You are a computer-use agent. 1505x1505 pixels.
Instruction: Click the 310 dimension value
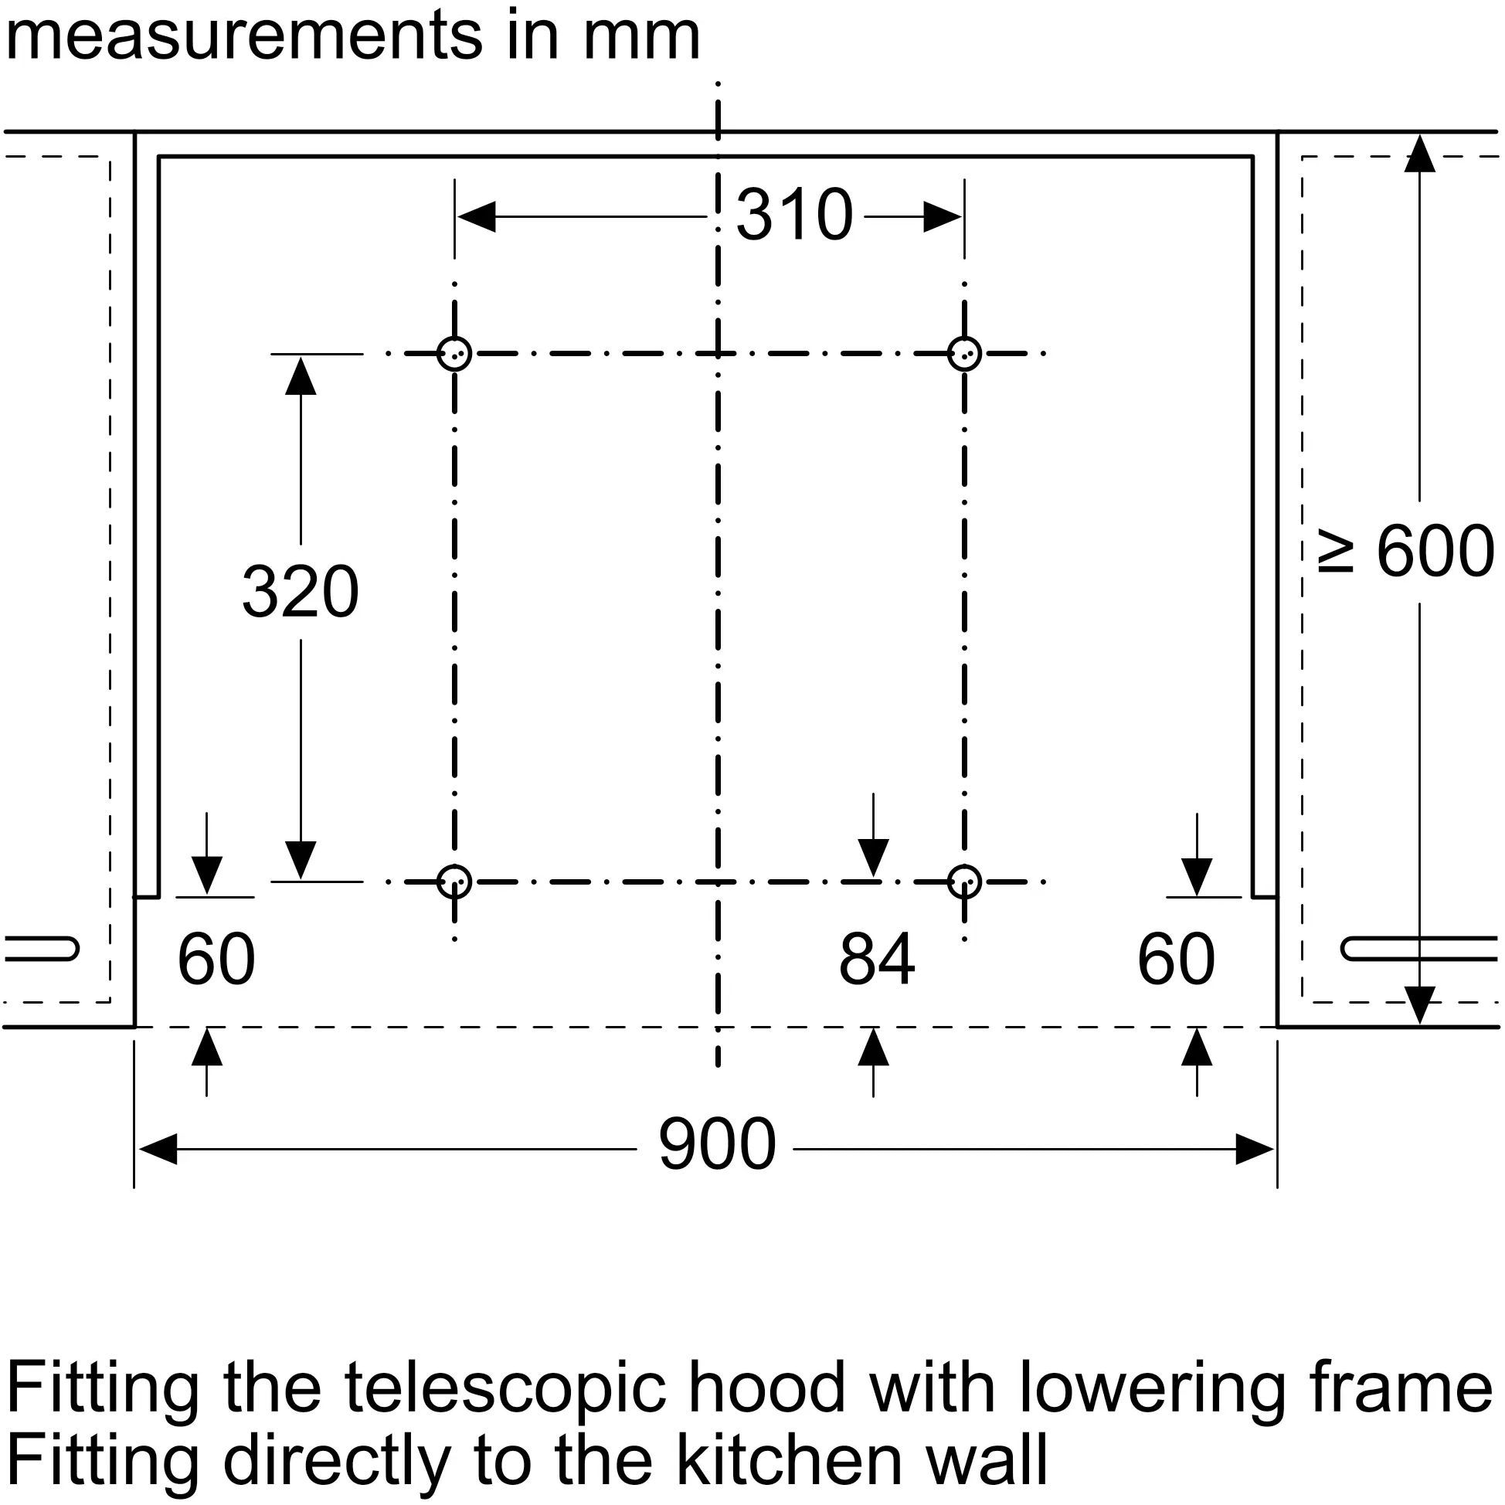click(x=793, y=215)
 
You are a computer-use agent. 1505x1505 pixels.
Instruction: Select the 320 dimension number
click(x=300, y=592)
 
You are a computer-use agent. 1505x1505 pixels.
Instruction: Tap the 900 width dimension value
click(x=717, y=1145)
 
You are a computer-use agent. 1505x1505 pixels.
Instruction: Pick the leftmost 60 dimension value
click(x=216, y=960)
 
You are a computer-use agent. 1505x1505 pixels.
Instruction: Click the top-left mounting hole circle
click(x=454, y=354)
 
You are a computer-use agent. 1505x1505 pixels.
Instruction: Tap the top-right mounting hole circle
click(x=964, y=354)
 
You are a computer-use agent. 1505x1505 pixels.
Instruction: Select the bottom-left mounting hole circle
click(x=454, y=882)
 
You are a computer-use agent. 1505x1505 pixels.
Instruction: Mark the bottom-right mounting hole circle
click(x=964, y=882)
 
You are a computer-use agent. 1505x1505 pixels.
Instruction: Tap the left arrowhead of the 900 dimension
click(x=158, y=1148)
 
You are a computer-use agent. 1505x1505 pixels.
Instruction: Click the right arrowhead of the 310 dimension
click(x=943, y=216)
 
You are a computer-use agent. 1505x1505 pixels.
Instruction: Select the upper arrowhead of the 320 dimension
click(x=301, y=375)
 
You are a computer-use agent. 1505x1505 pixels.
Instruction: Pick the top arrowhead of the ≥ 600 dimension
click(x=1419, y=154)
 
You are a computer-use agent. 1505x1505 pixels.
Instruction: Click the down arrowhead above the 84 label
click(x=873, y=858)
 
